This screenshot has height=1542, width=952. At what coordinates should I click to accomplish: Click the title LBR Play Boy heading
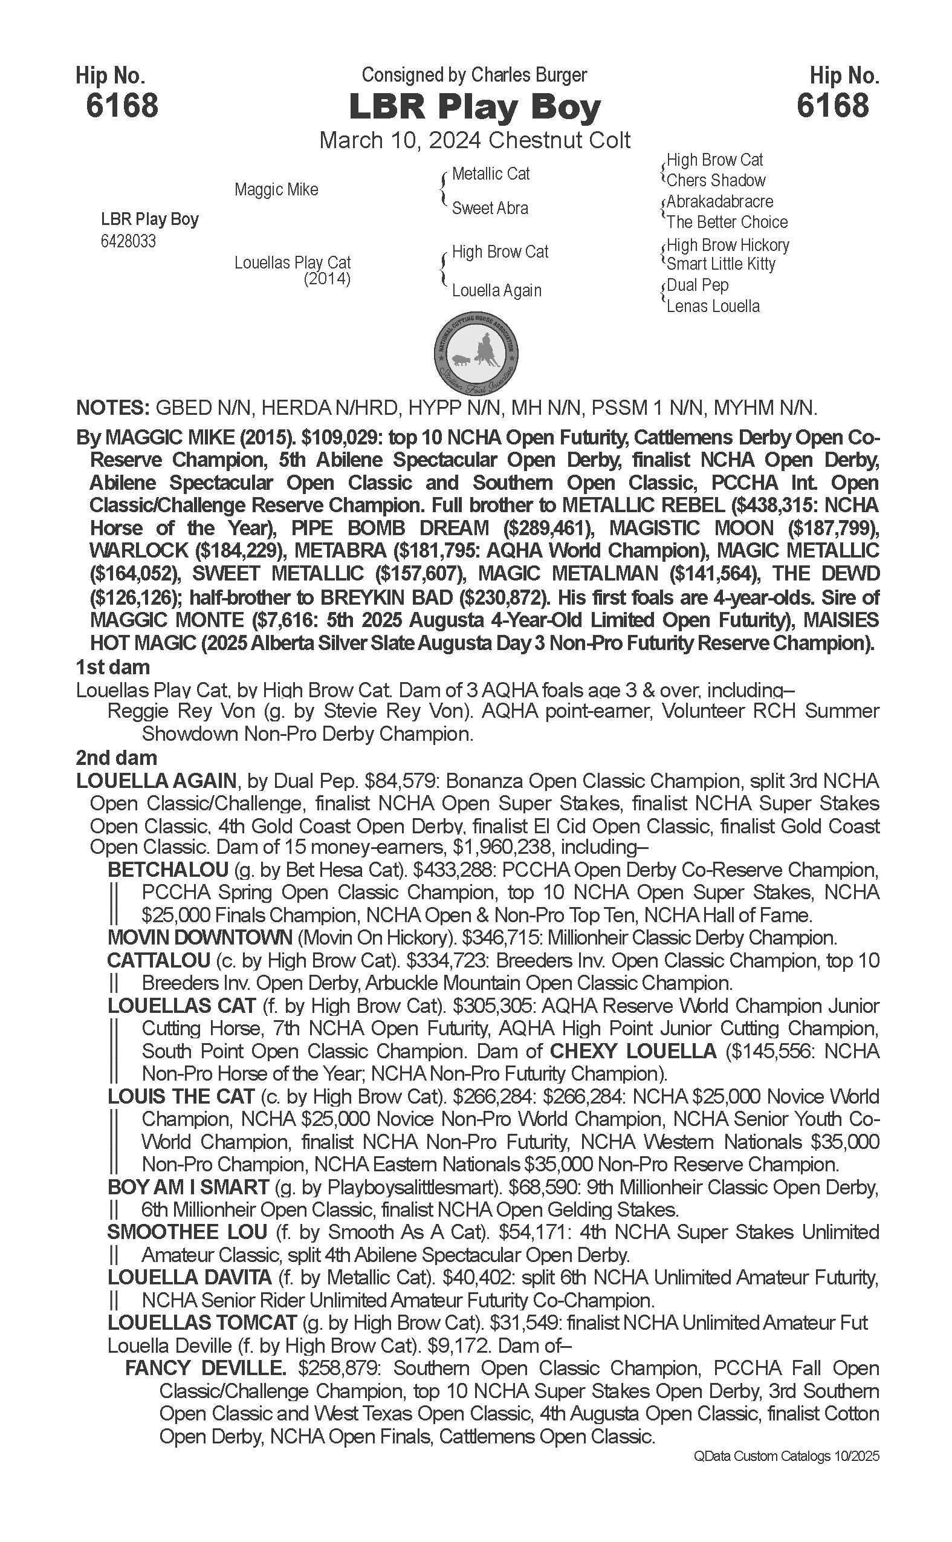point(474,107)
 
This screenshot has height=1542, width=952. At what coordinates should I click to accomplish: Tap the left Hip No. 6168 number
point(122,105)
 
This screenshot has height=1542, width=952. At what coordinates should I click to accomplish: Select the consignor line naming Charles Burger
point(474,75)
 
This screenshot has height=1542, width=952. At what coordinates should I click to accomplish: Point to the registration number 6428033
point(128,241)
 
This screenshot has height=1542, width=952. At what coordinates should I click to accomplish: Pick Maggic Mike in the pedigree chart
point(276,190)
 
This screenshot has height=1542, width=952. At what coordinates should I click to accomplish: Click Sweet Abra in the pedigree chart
point(490,208)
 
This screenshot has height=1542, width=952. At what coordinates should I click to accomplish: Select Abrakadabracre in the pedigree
point(720,201)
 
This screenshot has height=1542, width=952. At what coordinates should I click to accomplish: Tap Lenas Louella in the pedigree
point(713,306)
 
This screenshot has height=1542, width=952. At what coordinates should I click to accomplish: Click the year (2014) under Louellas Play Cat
point(327,278)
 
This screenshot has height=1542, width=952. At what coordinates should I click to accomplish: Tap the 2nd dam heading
point(117,758)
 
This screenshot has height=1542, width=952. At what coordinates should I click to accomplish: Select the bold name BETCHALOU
point(167,870)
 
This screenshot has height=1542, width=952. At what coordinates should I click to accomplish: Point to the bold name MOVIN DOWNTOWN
point(199,938)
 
